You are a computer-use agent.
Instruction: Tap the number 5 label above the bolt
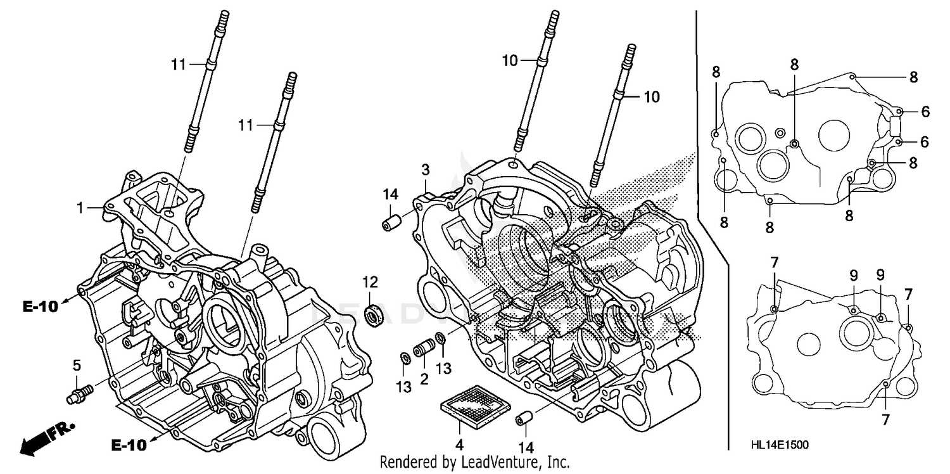pos(77,365)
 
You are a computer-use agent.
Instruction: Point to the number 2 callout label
pos(422,379)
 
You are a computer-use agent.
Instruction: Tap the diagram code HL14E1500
pos(781,446)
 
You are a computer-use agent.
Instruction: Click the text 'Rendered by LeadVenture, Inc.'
pos(474,463)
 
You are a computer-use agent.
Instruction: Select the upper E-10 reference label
pos(40,307)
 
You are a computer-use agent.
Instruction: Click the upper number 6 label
pos(925,112)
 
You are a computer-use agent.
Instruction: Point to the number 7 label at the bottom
pos(885,419)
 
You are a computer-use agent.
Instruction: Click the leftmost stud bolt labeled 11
pos(205,82)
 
